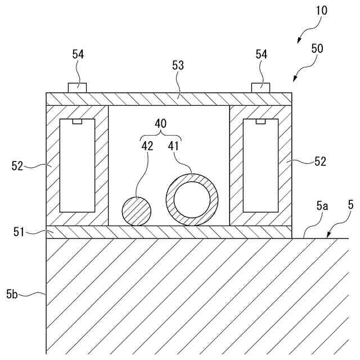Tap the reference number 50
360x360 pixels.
coord(317,49)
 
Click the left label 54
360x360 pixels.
coord(78,54)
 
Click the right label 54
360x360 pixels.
coord(262,54)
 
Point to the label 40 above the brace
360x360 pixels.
coord(161,123)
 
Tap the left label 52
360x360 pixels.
coord(18,165)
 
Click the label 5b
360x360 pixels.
coord(12,293)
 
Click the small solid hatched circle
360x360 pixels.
coord(137,211)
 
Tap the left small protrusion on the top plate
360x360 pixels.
coord(77,88)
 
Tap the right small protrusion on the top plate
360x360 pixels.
coord(261,88)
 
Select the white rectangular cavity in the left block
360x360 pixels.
coord(77,165)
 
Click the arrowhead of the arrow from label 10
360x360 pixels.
coord(299,40)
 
